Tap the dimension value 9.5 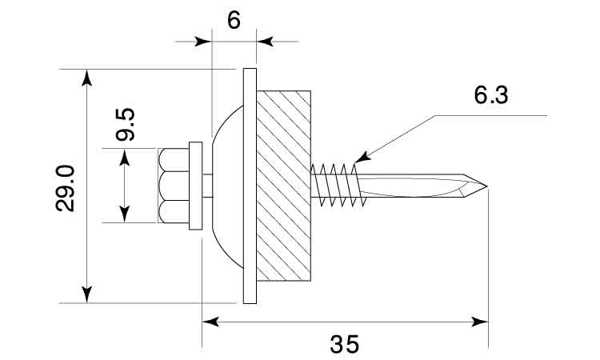(x=126, y=125)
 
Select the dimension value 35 (x=345, y=344)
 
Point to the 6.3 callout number (x=490, y=95)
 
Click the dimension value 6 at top (x=234, y=20)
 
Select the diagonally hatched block (x=283, y=186)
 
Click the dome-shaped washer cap (x=229, y=186)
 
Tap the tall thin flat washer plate (x=249, y=186)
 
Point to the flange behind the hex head (x=194, y=186)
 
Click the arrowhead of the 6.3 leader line (x=360, y=158)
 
